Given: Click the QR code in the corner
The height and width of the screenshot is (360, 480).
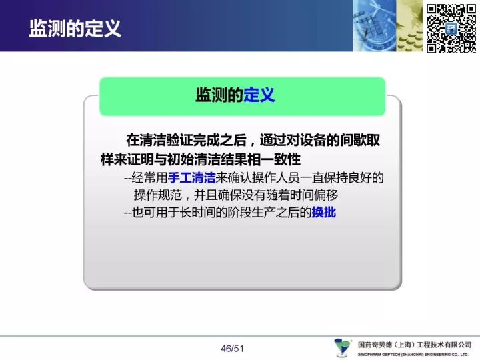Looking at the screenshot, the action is tap(451, 29).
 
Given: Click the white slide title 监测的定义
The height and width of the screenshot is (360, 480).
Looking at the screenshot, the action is tap(75, 29).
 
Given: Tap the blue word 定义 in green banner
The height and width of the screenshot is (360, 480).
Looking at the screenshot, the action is tap(259, 95).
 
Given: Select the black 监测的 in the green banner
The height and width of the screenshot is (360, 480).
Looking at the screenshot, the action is tap(219, 95).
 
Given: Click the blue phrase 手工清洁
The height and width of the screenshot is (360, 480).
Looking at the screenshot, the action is tap(191, 178).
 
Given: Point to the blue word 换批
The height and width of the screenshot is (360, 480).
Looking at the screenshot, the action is tap(323, 212).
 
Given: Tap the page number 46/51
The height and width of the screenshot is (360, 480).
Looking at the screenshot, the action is tap(232, 349).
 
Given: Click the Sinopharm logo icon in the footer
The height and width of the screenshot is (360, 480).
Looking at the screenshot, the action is tap(343, 347).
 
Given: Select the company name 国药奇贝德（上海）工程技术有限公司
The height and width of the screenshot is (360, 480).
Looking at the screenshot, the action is tap(415, 345).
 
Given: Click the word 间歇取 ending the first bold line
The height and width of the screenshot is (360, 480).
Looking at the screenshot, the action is tap(360, 140).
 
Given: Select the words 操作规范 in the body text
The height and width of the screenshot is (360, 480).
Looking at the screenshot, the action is tap(158, 195).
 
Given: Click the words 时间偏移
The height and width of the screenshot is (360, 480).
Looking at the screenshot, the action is tap(314, 195).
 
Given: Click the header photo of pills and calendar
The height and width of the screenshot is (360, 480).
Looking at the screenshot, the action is tap(387, 26).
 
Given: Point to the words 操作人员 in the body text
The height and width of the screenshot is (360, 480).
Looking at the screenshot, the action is tap(275, 178).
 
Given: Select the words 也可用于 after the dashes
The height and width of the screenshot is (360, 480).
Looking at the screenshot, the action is tap(156, 212).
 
